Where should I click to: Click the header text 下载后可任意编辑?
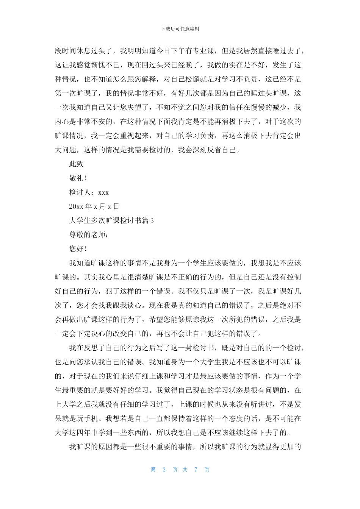tap(180, 29)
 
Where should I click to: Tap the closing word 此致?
tap(76, 164)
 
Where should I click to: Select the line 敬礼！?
tap(78, 178)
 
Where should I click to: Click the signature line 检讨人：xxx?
tap(89, 192)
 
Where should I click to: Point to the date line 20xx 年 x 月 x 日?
tap(94, 206)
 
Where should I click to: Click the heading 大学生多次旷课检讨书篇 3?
tap(111, 220)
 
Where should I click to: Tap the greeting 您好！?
tap(78, 249)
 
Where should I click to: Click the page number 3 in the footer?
tap(164, 470)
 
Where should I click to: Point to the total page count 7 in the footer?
tap(196, 470)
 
